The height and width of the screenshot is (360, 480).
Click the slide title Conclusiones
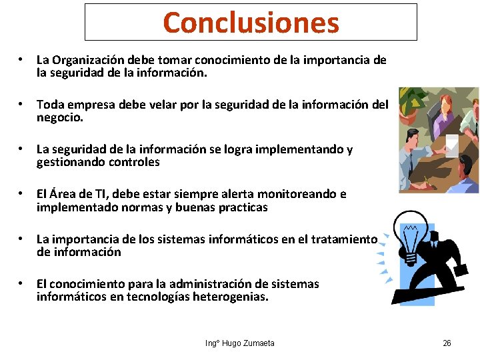pos(251,23)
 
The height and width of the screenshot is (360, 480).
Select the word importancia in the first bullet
pos(330,60)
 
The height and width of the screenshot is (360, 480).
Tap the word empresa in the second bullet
pos(87,105)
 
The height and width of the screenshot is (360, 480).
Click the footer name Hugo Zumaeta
pos(247,343)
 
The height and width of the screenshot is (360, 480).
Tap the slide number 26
pos(447,343)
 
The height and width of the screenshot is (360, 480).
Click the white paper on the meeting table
pos(451,142)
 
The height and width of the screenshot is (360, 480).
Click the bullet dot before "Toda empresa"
pos(23,105)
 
